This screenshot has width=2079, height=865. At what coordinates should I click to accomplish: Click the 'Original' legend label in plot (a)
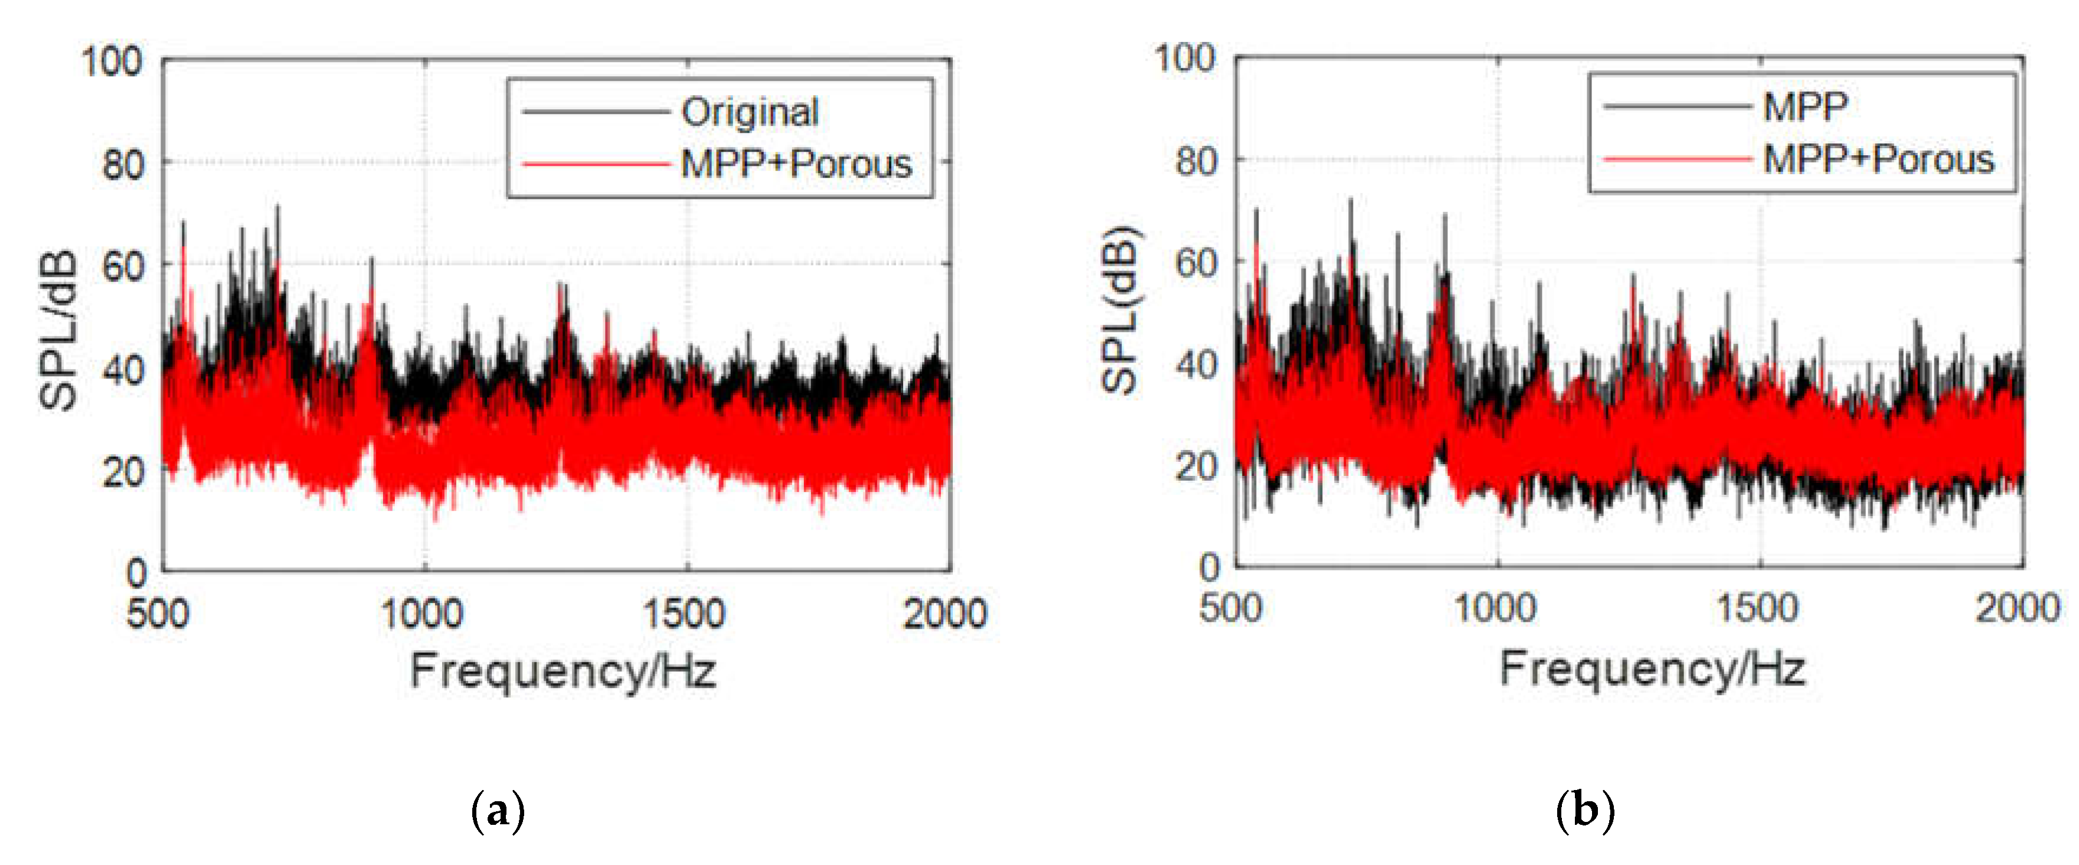point(750,112)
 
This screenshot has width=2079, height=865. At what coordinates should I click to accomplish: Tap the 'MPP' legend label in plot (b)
point(1806,106)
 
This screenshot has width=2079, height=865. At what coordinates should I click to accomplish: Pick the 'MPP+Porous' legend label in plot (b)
point(1878,159)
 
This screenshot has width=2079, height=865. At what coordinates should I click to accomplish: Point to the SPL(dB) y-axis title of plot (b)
point(1121,311)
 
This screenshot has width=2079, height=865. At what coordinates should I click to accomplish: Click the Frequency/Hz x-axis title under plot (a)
point(563,671)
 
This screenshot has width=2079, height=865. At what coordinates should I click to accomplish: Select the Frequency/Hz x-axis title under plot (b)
point(1652,669)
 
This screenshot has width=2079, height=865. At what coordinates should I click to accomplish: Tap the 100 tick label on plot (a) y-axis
point(112,62)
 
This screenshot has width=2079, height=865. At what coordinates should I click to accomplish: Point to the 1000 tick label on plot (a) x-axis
point(422,614)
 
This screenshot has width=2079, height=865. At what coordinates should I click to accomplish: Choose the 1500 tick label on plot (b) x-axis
point(1757,608)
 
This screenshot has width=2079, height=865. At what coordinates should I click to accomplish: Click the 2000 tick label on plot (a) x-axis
point(945,614)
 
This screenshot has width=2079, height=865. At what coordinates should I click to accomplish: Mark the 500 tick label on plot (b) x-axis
point(1231,608)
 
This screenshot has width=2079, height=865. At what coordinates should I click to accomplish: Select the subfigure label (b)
point(1585,809)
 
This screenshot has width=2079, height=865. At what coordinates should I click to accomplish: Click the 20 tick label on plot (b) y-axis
point(1196,466)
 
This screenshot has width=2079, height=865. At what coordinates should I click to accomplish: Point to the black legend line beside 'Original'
point(596,112)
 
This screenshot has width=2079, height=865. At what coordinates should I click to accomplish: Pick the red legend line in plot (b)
point(1677,159)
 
